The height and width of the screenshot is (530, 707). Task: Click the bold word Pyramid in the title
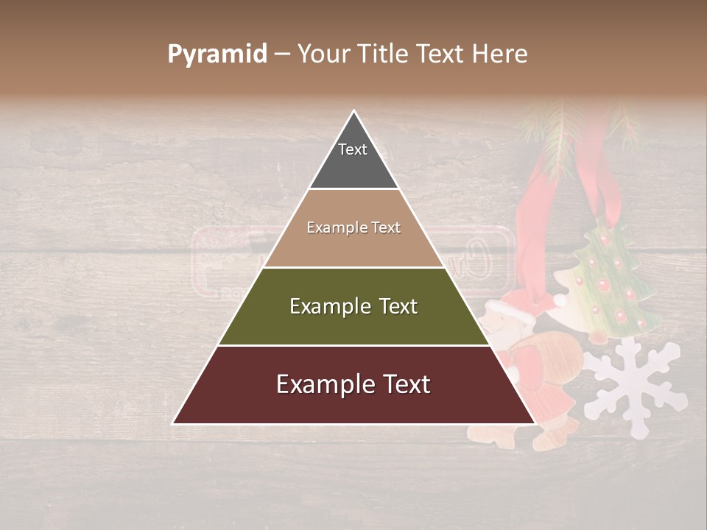tap(217, 54)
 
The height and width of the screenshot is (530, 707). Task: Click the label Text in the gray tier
tap(353, 149)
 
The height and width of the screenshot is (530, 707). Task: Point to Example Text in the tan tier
tap(353, 227)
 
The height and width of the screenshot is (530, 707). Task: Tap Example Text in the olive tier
tap(353, 306)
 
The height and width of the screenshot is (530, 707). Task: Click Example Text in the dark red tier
tap(353, 384)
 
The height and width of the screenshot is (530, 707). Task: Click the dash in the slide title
tap(282, 54)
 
